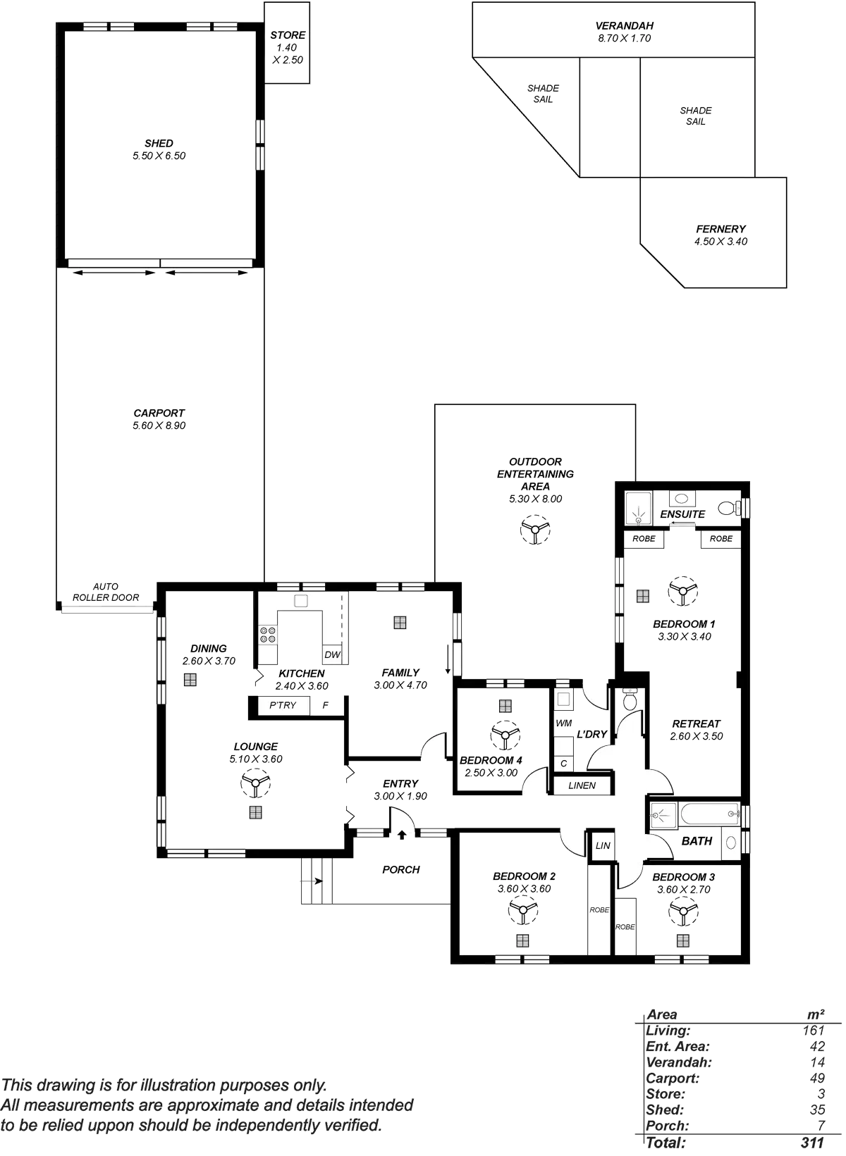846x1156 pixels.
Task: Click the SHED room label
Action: [159, 144]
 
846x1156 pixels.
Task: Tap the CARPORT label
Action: [159, 414]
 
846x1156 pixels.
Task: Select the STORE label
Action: [288, 35]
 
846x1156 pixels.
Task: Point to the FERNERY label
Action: [721, 229]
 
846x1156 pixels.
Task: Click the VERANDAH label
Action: [625, 27]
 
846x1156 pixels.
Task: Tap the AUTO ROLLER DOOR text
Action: [106, 592]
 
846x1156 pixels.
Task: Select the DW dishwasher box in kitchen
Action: [332, 654]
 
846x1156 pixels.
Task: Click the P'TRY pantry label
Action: [283, 705]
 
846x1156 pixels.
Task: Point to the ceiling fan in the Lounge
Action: [255, 783]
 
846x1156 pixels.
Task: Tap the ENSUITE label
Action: [682, 514]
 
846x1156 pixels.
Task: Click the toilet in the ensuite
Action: [730, 507]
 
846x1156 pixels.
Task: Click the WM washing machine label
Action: [563, 723]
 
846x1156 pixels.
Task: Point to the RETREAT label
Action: [696, 723]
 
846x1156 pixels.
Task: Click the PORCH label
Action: [401, 870]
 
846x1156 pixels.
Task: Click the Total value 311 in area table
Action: [812, 1143]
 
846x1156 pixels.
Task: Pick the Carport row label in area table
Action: [672, 1079]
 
